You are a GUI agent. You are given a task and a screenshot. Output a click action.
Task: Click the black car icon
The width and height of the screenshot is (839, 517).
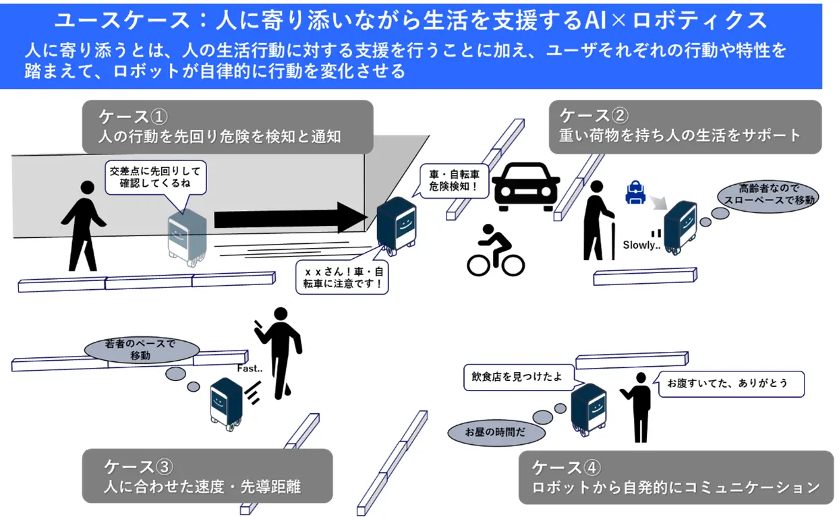click(x=526, y=184)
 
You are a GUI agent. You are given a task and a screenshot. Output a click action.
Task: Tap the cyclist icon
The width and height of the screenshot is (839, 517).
click(x=496, y=251)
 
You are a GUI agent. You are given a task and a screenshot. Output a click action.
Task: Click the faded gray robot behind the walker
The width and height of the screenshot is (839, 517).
click(x=186, y=233)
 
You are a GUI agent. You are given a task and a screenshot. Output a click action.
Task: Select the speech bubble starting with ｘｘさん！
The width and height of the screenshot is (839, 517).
click(x=343, y=277)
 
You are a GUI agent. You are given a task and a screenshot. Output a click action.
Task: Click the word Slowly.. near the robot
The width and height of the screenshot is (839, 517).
click(x=639, y=245)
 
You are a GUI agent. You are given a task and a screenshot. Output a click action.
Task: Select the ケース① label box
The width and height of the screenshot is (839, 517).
click(x=227, y=127)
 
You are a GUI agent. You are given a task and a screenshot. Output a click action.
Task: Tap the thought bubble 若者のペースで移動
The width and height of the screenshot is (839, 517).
click(x=141, y=350)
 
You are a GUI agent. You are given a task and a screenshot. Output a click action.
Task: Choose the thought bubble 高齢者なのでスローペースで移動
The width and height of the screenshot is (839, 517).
click(x=768, y=195)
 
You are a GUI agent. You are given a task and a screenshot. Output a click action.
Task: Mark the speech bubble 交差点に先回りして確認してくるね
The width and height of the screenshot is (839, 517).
click(x=156, y=177)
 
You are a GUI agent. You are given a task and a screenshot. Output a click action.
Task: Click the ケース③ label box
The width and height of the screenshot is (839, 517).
click(x=207, y=476)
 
